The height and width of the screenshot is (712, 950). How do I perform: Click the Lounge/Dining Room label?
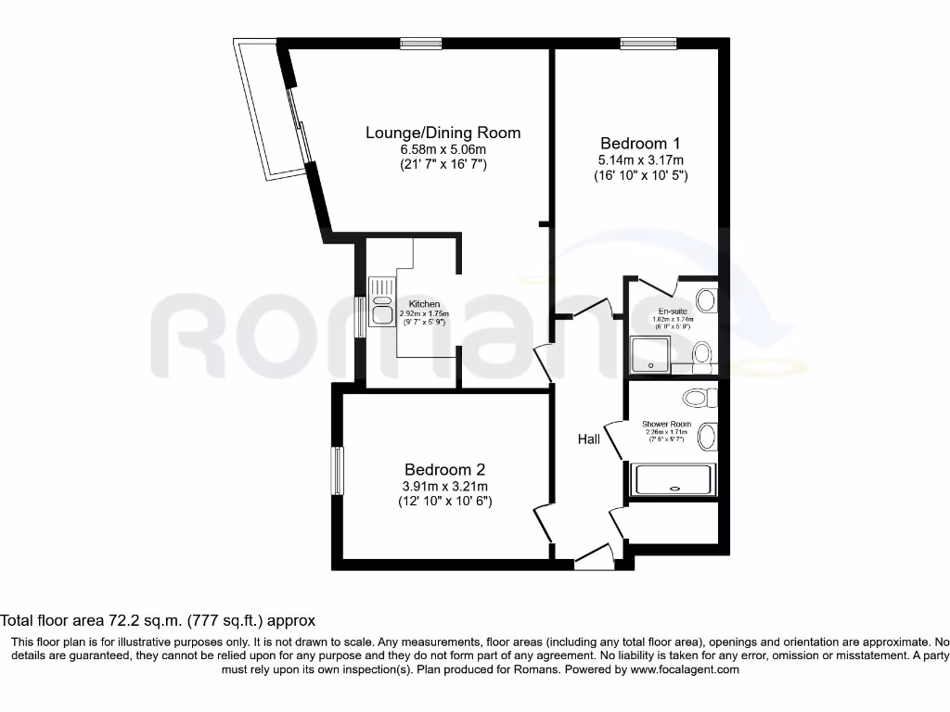click(x=443, y=133)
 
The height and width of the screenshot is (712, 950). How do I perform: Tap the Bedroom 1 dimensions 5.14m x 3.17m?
click(x=640, y=159)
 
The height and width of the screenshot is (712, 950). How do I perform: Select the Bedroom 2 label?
click(x=443, y=470)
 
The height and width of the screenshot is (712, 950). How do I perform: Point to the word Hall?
click(x=588, y=439)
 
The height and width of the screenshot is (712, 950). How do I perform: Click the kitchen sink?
click(x=381, y=301)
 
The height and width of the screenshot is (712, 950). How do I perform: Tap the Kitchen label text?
click(x=424, y=304)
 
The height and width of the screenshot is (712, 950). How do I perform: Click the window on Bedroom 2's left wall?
click(x=339, y=470)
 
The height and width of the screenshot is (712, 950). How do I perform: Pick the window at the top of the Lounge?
click(x=421, y=42)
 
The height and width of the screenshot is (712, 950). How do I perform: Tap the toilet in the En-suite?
click(x=701, y=353)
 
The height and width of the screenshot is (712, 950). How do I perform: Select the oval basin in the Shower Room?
click(x=706, y=436)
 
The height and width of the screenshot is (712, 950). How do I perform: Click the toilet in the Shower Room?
click(x=697, y=398)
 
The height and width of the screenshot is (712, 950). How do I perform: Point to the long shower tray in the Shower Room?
click(x=673, y=480)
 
